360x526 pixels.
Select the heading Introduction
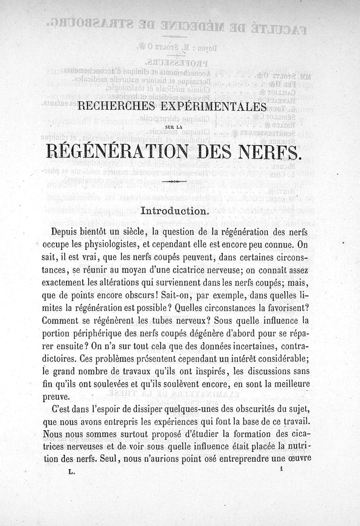click(x=174, y=210)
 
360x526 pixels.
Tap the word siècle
click(x=131, y=232)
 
